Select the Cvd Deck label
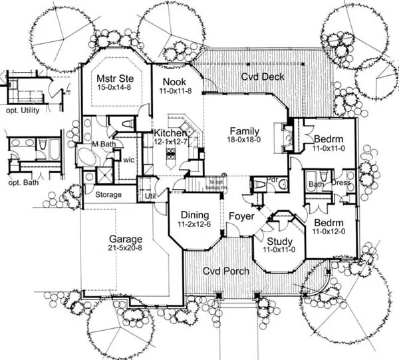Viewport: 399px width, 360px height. pos(263,77)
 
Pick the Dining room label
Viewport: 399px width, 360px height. pos(194,216)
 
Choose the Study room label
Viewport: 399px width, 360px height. pos(279,240)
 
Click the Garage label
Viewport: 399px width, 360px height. pos(126,239)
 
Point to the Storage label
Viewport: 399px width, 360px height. pos(108,195)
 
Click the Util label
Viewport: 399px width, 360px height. pos(150,196)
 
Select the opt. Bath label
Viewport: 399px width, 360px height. pos(20,182)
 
